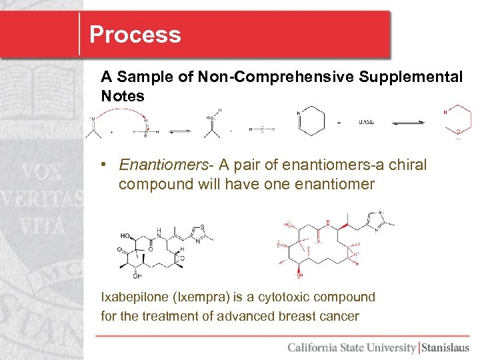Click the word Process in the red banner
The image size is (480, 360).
135,35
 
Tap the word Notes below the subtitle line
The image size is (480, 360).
122,96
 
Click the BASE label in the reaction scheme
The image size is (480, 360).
367,122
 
